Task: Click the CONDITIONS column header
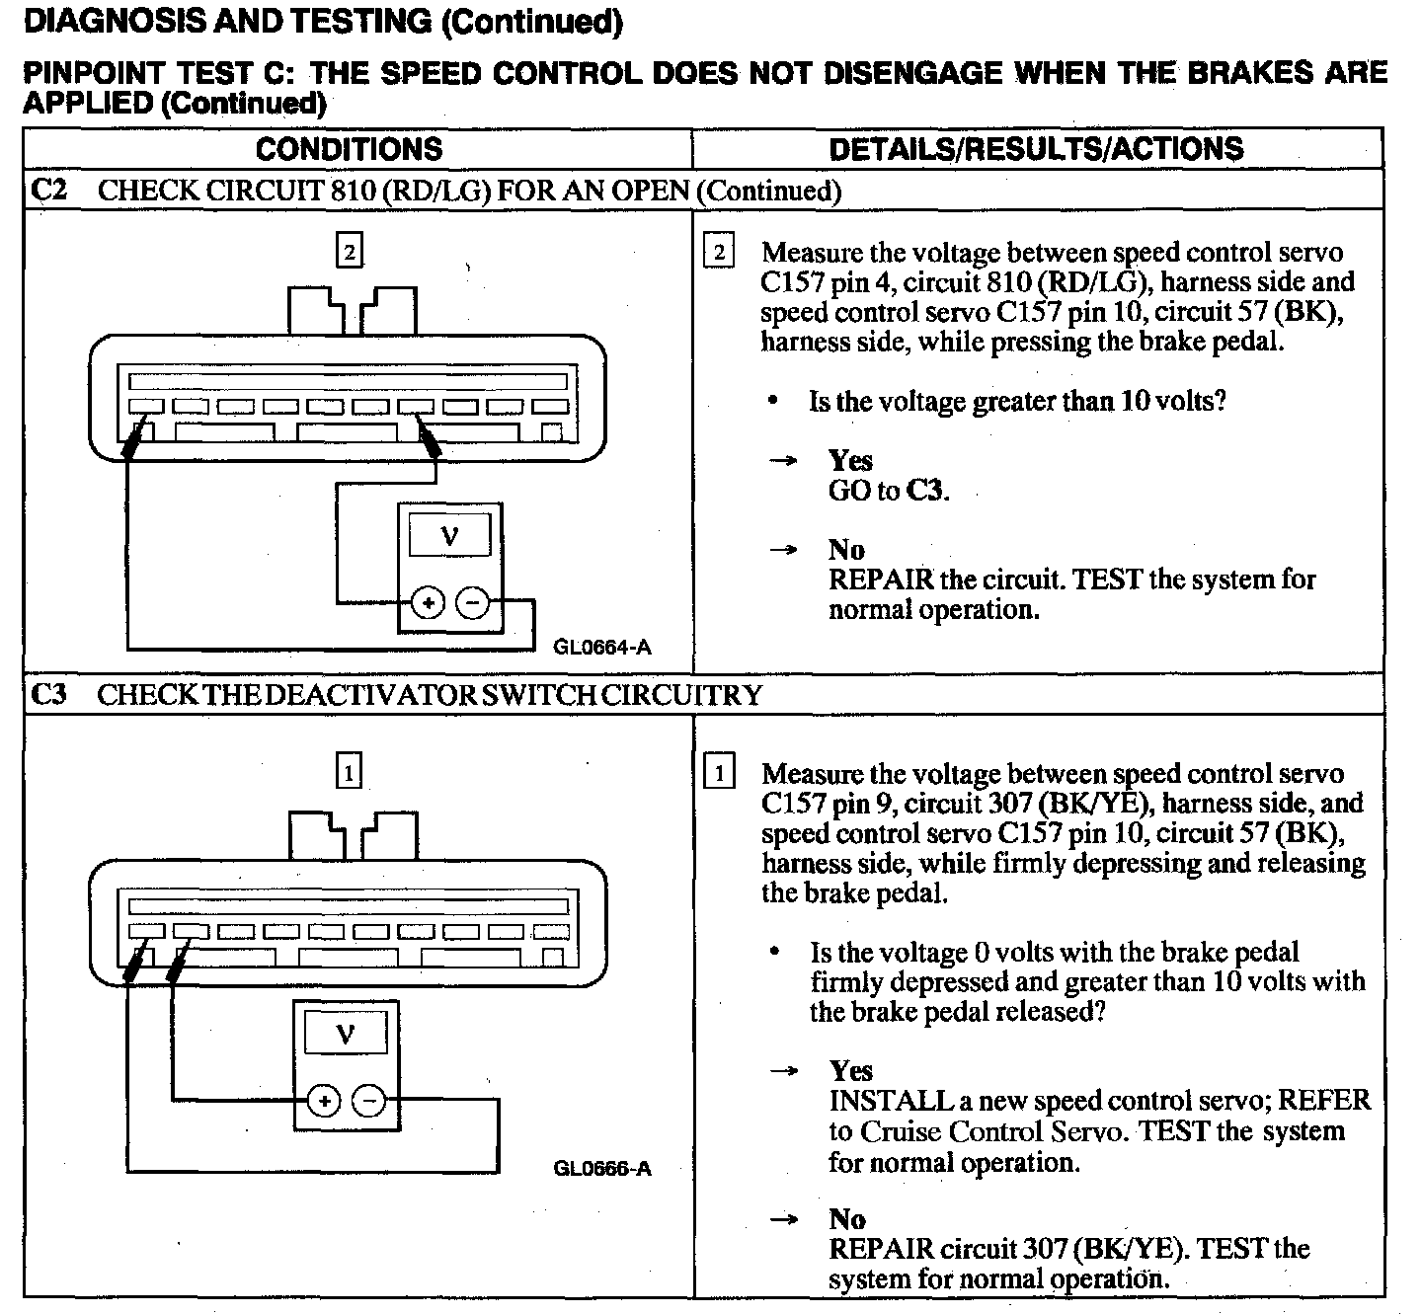[x=349, y=149]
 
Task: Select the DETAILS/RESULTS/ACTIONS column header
[x=1036, y=149]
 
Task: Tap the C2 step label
[x=48, y=190]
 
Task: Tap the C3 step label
[x=48, y=694]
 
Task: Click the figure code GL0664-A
[x=602, y=648]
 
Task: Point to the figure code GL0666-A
[x=602, y=1169]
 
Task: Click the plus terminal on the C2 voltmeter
[x=427, y=601]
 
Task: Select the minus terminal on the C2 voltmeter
[x=474, y=601]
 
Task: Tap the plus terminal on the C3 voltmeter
[x=323, y=1100]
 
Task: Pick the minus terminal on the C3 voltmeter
[x=369, y=1100]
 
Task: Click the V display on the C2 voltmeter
[x=449, y=536]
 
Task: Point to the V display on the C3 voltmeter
[x=345, y=1034]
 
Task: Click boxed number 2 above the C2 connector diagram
[x=349, y=252]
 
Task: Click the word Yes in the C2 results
[x=850, y=460]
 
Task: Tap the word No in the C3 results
[x=847, y=1218]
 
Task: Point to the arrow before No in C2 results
[x=783, y=550]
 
